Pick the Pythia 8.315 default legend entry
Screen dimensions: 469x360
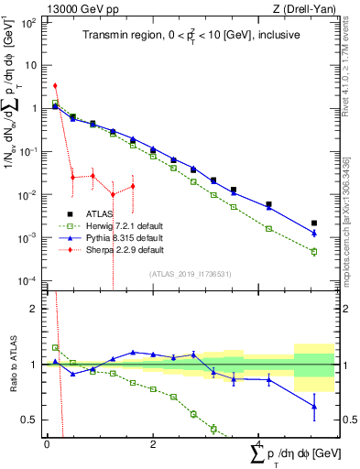120,235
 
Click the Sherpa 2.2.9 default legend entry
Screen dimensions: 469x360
120,248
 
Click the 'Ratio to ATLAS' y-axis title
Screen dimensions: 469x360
12,365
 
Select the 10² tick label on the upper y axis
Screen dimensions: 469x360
29,20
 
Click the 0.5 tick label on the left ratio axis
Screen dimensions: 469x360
33,420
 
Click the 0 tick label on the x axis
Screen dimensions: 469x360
47,443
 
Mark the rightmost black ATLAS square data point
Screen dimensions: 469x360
314,223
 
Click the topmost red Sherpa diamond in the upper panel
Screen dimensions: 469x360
56,85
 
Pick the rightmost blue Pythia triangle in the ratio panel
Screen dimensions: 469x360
314,406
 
